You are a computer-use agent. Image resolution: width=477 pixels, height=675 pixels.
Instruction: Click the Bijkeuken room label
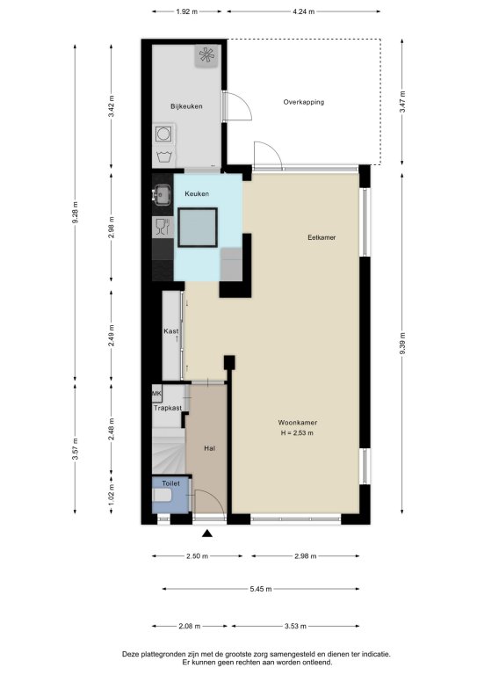click(186, 106)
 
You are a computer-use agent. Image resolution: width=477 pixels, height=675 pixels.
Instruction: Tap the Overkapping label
click(304, 102)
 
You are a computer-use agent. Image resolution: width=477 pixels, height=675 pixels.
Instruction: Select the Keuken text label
click(197, 193)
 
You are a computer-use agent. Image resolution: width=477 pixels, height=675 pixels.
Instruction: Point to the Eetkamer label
click(322, 237)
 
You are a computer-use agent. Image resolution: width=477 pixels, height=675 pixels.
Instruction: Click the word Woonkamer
click(298, 422)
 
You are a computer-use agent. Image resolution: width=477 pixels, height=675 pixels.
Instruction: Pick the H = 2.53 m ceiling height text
click(297, 433)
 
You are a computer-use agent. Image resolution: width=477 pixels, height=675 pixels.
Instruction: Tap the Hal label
click(209, 448)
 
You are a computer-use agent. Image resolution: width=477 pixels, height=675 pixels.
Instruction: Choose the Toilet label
click(170, 483)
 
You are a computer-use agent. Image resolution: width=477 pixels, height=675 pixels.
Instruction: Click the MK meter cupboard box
click(157, 393)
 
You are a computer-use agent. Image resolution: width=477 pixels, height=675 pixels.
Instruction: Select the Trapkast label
click(168, 408)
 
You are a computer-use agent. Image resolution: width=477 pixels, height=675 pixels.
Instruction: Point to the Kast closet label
click(170, 331)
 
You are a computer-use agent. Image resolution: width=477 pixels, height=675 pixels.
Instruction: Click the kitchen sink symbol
click(162, 193)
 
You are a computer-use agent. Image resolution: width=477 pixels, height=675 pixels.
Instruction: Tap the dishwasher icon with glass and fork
click(163, 227)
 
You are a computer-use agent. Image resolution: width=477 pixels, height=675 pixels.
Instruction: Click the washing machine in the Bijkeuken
click(163, 134)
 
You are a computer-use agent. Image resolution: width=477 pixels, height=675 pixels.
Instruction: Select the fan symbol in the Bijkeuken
click(207, 55)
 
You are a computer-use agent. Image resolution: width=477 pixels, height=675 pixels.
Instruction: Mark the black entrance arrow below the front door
click(207, 533)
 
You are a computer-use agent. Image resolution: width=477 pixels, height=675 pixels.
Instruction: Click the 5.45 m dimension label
click(261, 589)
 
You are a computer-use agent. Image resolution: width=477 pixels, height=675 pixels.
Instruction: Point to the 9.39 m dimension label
click(402, 343)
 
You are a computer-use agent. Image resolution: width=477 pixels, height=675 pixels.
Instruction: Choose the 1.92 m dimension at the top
click(186, 11)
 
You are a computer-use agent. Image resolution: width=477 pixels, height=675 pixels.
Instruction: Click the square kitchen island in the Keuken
click(198, 228)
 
